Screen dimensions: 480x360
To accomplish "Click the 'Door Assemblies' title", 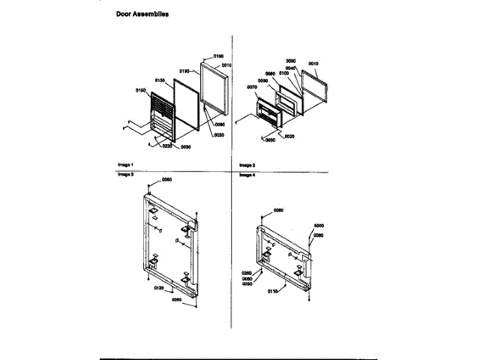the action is [x=142, y=13].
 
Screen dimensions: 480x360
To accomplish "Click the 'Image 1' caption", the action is [x=124, y=163].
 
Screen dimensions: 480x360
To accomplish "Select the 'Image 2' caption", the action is [x=247, y=163].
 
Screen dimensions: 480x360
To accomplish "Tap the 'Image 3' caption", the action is [x=124, y=174].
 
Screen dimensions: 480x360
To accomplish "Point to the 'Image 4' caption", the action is [x=247, y=174].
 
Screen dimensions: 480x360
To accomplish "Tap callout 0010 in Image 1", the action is [x=227, y=65].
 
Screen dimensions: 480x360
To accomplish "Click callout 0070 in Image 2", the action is [x=251, y=87].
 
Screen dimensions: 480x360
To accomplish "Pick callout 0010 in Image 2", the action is [x=313, y=65].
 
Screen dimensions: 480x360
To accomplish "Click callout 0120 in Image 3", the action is [x=160, y=287].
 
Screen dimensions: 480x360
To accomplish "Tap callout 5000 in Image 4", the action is [x=318, y=226].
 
